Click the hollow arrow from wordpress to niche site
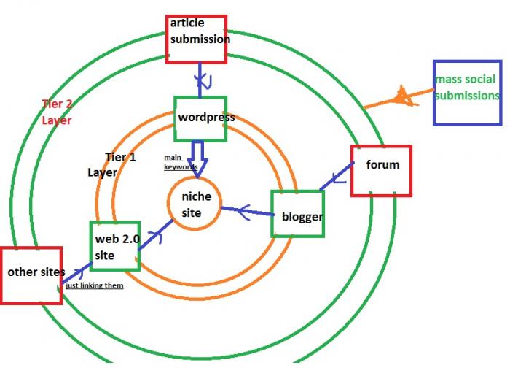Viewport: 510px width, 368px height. click(197, 159)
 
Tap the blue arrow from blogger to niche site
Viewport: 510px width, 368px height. click(247, 211)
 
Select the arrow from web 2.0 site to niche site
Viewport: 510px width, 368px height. click(156, 235)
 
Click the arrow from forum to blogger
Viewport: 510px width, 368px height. click(337, 175)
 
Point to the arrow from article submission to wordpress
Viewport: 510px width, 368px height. click(200, 80)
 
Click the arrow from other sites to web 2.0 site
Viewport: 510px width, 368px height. click(77, 273)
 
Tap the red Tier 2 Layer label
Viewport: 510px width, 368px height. click(57, 112)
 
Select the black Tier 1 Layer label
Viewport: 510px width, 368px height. click(111, 164)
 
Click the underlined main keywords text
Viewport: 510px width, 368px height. click(181, 162)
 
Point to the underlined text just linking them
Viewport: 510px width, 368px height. click(95, 285)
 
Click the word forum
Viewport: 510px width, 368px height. click(382, 164)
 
